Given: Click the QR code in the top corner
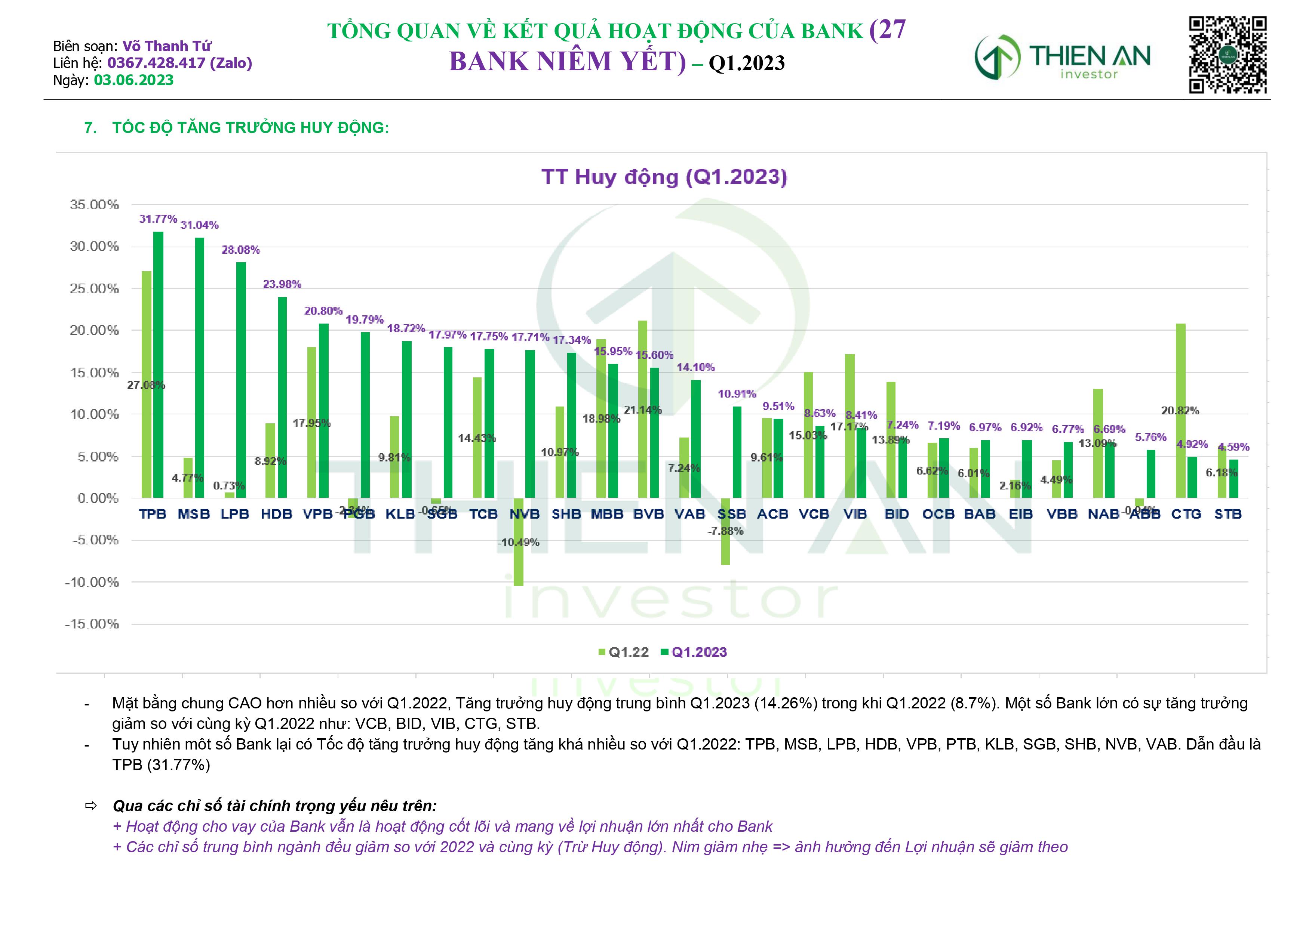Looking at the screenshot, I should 1227,55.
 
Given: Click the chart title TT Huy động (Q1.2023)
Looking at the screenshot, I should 664,177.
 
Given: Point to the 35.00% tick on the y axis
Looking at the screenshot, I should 94,204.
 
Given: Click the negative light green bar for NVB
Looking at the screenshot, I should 518,542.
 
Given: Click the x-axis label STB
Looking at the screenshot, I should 1227,514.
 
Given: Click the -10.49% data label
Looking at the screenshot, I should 518,543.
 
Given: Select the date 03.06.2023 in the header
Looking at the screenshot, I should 134,80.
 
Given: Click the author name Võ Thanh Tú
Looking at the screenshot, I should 167,46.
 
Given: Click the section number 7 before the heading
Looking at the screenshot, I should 90,127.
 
